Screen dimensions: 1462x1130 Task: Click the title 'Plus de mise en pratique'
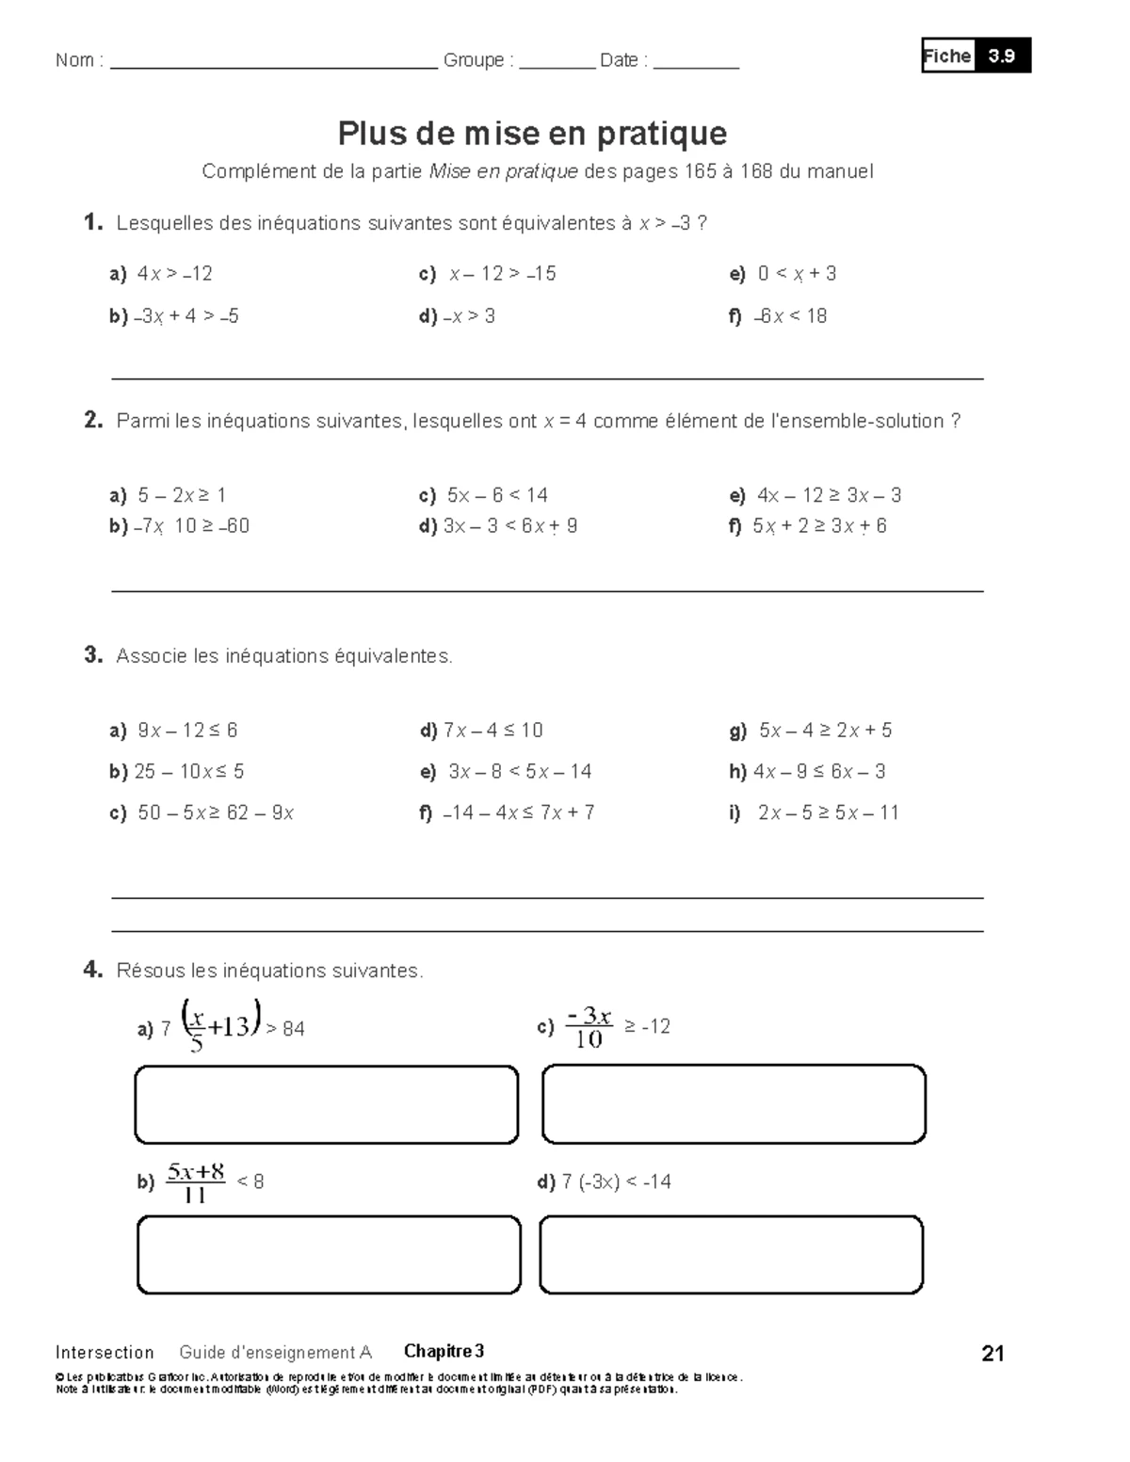532,134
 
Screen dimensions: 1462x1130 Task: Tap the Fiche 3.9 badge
976,56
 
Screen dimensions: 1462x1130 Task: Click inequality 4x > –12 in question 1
174,274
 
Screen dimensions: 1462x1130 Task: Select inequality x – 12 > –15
502,274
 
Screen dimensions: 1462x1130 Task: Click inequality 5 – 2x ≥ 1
181,495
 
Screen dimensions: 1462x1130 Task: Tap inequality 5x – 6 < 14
496,495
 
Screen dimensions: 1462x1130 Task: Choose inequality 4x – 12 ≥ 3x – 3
828,495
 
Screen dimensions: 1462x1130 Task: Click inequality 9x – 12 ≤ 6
186,731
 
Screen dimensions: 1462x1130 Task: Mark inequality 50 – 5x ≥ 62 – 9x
215,812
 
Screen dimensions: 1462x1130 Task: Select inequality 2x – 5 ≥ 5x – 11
828,812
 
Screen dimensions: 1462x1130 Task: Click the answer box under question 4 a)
327,1104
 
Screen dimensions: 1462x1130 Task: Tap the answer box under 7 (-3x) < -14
731,1254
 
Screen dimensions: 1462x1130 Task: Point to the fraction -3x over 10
589,1027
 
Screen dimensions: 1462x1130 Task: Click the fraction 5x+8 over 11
196,1182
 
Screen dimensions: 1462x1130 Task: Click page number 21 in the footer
993,1354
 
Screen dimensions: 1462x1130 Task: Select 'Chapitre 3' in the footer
444,1352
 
